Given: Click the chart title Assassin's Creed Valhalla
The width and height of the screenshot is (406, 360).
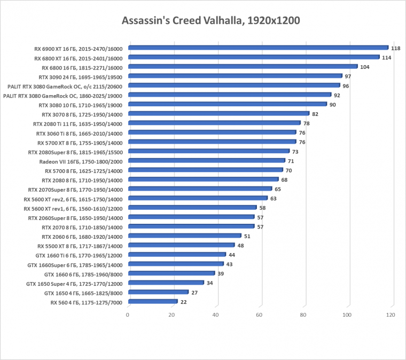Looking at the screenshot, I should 204,21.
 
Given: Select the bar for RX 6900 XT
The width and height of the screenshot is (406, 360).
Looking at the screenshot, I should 258,48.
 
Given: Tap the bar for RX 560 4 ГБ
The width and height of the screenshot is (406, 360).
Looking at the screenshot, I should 152,302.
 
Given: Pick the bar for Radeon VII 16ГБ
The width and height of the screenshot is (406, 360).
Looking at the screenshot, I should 206,161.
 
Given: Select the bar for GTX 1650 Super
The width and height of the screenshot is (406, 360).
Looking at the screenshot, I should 166,283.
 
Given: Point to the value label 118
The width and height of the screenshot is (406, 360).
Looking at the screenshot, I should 396,48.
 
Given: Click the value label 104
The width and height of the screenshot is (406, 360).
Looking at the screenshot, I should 365,67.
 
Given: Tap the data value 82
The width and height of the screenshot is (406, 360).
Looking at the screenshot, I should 315,114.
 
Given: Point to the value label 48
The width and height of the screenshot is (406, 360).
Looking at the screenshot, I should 240,246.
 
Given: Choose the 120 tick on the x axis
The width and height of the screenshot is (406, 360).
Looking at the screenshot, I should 391,316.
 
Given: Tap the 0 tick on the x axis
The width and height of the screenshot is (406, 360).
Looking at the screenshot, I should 128,316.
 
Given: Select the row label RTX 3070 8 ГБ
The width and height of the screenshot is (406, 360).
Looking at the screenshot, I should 82,114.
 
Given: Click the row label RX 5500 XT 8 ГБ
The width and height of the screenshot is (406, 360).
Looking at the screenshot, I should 80,246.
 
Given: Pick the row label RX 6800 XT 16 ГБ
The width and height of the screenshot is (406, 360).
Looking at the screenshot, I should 78,58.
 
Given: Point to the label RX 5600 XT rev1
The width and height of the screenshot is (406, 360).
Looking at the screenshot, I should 73,208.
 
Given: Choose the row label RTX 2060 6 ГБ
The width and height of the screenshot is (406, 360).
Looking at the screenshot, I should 82,237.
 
